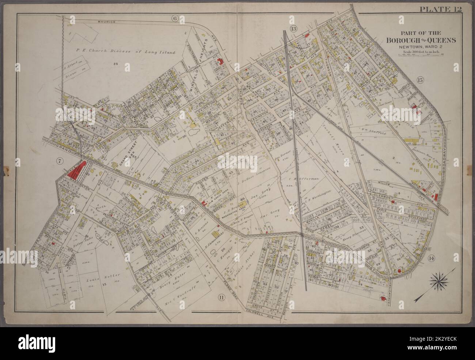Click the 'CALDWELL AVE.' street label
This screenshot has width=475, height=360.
tap(259, 314)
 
